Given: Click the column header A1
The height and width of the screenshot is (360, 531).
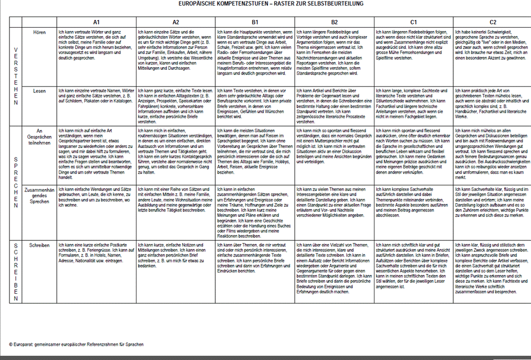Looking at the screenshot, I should [x=97, y=22].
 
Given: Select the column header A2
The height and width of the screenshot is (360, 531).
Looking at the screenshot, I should [x=175, y=22].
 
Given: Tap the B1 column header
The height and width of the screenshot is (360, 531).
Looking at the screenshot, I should [x=255, y=22].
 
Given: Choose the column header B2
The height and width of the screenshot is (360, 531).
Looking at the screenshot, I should [x=334, y=22].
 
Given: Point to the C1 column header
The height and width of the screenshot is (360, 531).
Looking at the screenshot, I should [x=413, y=22].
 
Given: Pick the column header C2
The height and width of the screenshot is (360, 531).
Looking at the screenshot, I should [x=493, y=22].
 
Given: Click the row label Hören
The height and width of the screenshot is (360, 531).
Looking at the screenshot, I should [x=39, y=33].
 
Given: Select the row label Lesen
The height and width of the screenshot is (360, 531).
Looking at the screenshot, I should [x=39, y=91].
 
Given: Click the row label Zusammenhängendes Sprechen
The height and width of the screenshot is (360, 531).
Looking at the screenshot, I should [x=39, y=195].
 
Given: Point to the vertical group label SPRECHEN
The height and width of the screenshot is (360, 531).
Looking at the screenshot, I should [x=15, y=182].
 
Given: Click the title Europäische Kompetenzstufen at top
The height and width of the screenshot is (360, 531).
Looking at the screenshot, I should [x=271, y=4].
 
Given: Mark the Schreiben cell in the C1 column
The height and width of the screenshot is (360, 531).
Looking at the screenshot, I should [x=413, y=265].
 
